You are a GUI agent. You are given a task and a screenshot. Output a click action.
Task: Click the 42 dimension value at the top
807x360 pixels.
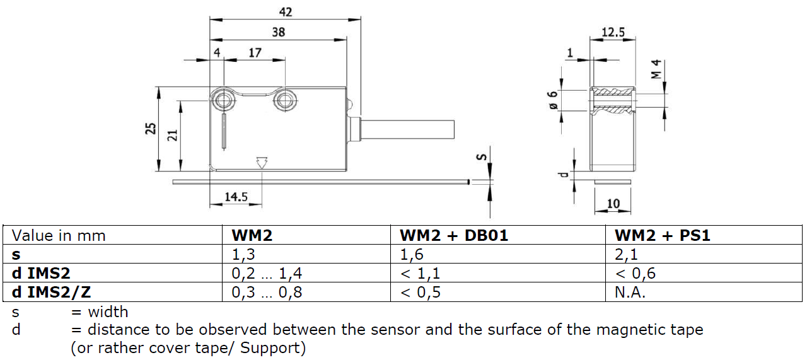pyautogui.click(x=285, y=12)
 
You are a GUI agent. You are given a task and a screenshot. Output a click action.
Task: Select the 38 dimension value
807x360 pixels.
pyautogui.click(x=278, y=33)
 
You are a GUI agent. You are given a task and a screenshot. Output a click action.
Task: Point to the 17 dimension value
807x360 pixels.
pyautogui.click(x=255, y=53)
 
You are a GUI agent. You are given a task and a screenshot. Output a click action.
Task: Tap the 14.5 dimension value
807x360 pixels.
pyautogui.click(x=235, y=197)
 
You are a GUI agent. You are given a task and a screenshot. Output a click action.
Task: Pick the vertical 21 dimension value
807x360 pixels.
pyautogui.click(x=173, y=134)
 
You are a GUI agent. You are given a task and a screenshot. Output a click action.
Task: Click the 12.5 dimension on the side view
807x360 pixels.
pyautogui.click(x=612, y=32)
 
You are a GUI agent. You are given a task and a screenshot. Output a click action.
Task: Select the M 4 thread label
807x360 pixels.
pyautogui.click(x=656, y=69)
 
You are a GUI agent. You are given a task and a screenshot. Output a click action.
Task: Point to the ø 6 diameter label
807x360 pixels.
pyautogui.click(x=552, y=100)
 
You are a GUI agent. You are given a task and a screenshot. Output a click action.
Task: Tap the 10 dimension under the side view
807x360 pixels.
pyautogui.click(x=612, y=204)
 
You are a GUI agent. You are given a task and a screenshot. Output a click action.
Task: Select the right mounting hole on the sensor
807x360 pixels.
pyautogui.click(x=284, y=100)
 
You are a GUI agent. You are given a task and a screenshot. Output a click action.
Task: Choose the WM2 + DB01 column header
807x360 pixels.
pyautogui.click(x=454, y=235)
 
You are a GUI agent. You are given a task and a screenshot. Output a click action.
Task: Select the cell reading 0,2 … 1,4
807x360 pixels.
pyautogui.click(x=267, y=274)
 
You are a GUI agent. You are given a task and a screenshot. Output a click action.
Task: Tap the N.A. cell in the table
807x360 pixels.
pyautogui.click(x=630, y=293)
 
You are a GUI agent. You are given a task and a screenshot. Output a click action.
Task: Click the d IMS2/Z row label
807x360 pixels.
pyautogui.click(x=54, y=293)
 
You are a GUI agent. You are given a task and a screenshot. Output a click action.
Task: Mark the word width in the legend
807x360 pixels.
pyautogui.click(x=108, y=311)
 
